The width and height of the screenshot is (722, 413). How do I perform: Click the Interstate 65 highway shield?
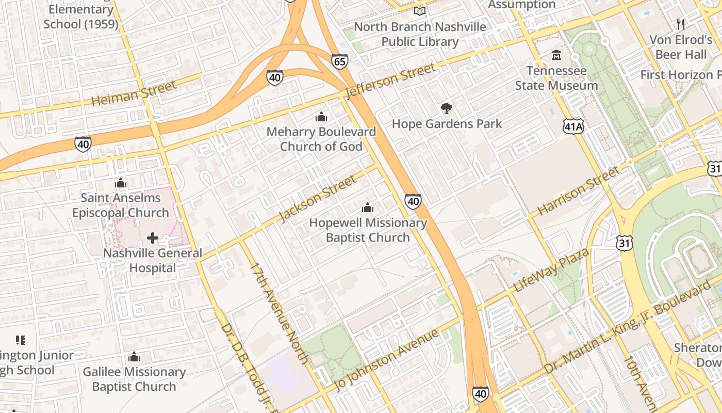(340, 61)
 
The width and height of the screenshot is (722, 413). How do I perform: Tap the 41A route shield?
(573, 126)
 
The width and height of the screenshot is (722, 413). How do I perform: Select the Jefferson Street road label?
(391, 81)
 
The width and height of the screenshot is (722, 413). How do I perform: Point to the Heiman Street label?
(134, 93)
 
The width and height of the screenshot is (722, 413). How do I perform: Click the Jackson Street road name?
(317, 198)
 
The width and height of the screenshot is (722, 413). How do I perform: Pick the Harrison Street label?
(578, 191)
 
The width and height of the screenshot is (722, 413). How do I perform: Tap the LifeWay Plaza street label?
(551, 271)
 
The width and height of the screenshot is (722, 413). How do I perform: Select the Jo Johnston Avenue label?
(387, 360)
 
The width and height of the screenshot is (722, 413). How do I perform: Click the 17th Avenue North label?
(278, 313)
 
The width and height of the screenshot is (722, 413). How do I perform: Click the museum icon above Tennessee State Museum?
(556, 55)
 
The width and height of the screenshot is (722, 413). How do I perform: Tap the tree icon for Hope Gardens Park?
(447, 108)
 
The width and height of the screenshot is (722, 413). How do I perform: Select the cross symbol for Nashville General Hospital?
(153, 238)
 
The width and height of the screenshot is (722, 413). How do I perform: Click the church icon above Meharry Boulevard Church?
(321, 117)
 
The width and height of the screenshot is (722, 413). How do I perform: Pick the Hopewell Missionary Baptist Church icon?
(368, 208)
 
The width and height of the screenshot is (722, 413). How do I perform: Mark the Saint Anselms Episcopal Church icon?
(121, 183)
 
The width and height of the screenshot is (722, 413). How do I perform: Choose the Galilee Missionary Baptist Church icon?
(134, 357)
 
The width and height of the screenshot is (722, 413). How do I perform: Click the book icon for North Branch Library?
(420, 11)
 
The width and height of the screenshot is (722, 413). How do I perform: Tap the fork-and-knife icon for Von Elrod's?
(681, 24)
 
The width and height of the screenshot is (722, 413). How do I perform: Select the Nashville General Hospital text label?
(153, 261)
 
